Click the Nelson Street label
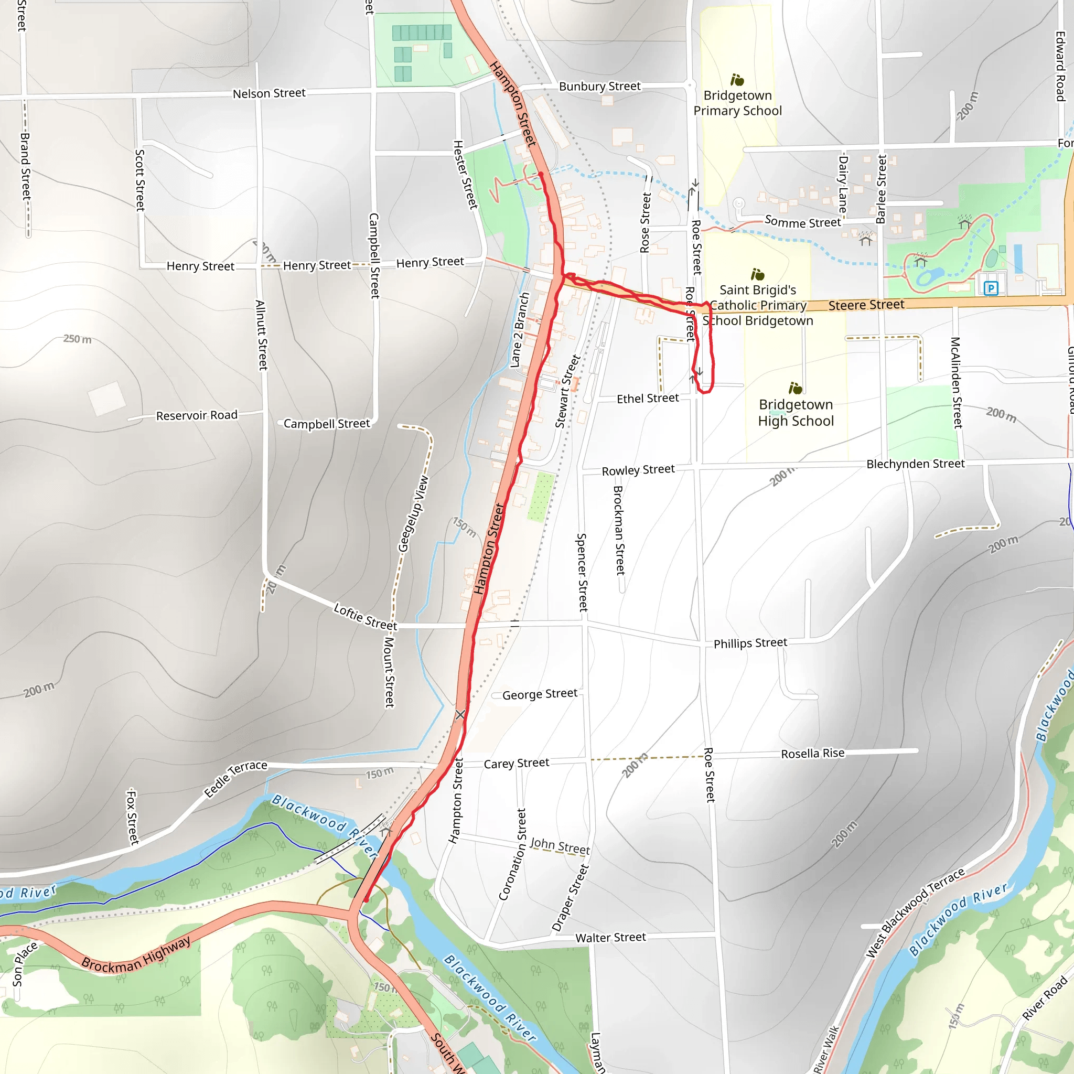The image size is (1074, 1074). tap(269, 93)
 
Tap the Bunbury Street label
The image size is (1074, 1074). tap(600, 86)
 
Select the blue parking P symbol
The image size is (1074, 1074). tap(991, 288)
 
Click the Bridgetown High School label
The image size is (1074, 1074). tap(796, 413)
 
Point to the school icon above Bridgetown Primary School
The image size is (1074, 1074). tap(737, 80)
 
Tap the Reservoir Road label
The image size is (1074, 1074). tap(196, 415)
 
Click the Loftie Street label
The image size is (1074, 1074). tap(365, 617)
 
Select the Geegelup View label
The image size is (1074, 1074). tap(414, 513)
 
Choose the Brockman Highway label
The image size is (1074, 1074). tap(136, 954)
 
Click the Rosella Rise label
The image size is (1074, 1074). tap(812, 753)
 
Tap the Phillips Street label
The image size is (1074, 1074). tap(750, 643)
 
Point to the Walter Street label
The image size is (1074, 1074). tap(610, 938)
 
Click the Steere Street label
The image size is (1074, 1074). tap(866, 305)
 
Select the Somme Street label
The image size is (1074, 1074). tap(803, 222)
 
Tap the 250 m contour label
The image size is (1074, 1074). tap(77, 339)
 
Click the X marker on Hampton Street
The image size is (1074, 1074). tap(460, 714)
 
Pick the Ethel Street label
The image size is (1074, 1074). tap(648, 398)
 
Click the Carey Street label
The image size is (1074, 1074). tap(516, 763)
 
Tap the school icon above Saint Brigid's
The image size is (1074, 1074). tap(757, 275)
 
